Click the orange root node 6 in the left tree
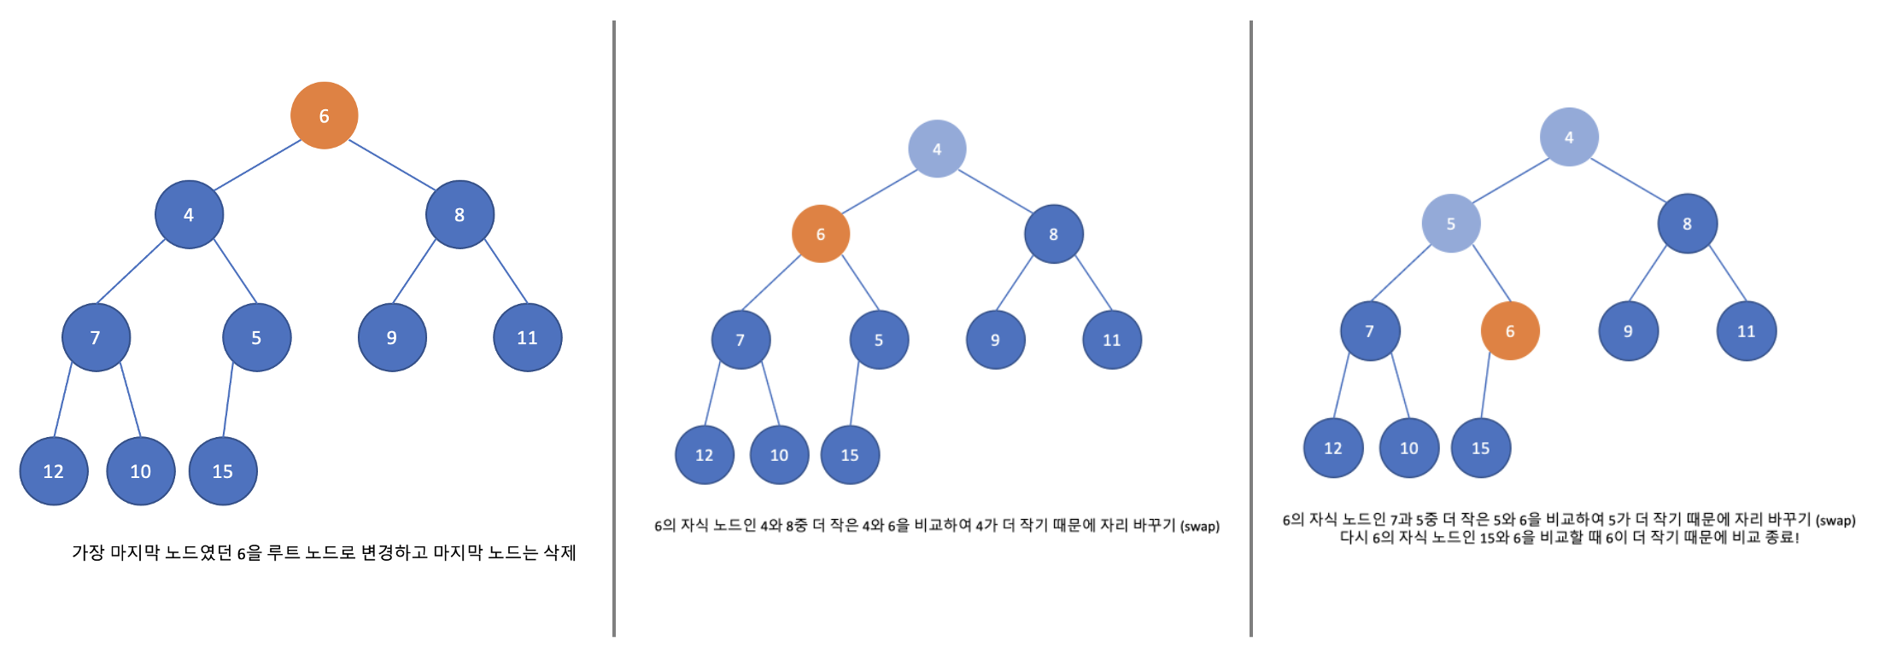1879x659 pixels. click(324, 115)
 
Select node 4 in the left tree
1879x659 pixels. click(189, 214)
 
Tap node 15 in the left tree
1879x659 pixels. click(223, 470)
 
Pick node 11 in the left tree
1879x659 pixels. click(527, 337)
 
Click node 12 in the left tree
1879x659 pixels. click(54, 470)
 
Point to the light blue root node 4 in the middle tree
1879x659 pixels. click(937, 149)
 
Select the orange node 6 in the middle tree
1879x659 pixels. click(820, 234)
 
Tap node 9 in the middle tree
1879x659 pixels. click(995, 340)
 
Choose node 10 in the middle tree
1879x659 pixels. click(779, 455)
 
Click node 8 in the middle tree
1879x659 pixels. click(1053, 234)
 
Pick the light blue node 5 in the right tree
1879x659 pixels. click(1450, 224)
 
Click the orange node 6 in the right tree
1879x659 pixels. click(1509, 330)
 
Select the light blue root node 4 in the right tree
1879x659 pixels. click(1568, 137)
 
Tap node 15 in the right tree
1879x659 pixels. click(1480, 448)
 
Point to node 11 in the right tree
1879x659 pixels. click(1746, 331)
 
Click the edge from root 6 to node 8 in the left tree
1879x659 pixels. click(392, 165)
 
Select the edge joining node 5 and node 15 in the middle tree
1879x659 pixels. click(854, 397)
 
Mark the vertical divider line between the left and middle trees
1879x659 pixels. click(614, 329)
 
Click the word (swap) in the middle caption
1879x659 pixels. click(1199, 526)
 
